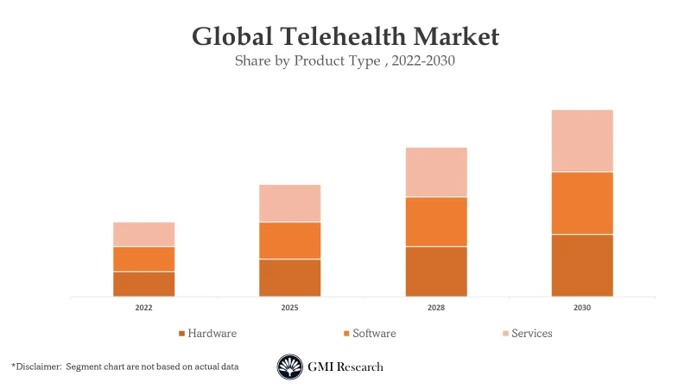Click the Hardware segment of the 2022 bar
click(143, 284)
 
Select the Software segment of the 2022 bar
click(143, 258)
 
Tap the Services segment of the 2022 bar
click(143, 234)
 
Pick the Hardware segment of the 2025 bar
click(289, 277)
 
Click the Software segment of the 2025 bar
click(289, 240)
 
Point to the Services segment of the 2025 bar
click(289, 203)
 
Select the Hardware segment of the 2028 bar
click(436, 271)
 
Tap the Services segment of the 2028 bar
click(436, 172)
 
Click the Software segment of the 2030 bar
click(582, 203)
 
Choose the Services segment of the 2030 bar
click(582, 141)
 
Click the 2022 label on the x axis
click(143, 308)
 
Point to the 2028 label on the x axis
click(436, 308)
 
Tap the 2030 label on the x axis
click(582, 308)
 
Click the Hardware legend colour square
click(181, 334)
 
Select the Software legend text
click(375, 333)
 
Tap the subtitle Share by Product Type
click(307, 61)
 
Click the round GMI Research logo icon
click(289, 367)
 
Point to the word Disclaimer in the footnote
click(39, 367)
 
